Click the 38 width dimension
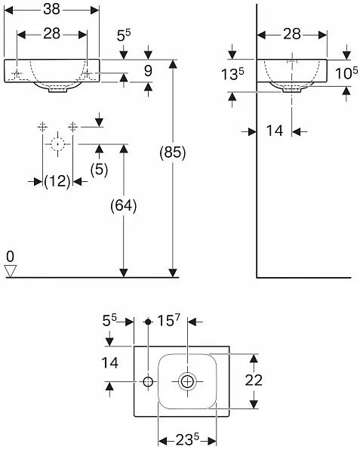click(51, 9)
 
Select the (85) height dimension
click(173, 152)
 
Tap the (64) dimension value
click(124, 205)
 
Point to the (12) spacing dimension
click(57, 181)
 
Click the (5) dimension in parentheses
click(99, 169)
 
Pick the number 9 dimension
click(148, 71)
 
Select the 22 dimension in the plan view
click(254, 380)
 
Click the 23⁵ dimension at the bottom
click(187, 439)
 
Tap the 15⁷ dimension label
click(168, 320)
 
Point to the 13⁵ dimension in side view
click(232, 74)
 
